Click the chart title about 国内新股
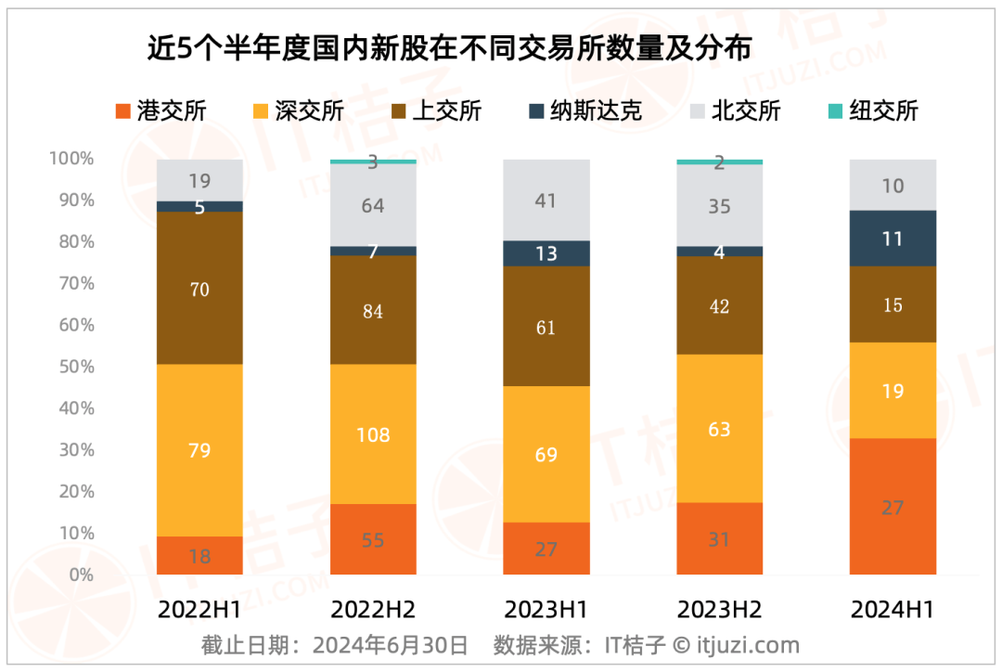point(449,47)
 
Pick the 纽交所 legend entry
point(872,111)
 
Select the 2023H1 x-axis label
point(546,610)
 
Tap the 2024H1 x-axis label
point(893,610)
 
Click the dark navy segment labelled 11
point(893,239)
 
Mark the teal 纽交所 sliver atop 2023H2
point(719,162)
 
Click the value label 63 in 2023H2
point(719,430)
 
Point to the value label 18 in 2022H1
point(199,557)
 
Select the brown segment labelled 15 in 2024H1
point(893,304)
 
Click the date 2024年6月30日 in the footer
point(390,645)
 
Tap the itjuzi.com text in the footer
point(748,645)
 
